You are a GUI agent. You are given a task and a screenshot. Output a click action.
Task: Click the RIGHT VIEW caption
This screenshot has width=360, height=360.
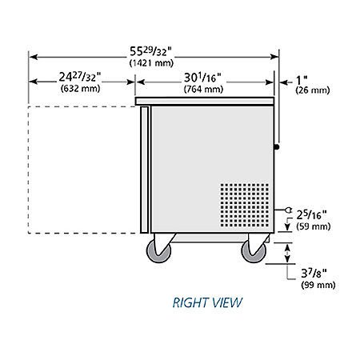[x=206, y=303]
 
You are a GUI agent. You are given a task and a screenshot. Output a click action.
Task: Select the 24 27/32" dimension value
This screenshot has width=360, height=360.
[x=80, y=78]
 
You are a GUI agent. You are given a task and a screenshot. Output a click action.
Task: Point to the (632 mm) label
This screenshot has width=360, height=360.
[x=80, y=90]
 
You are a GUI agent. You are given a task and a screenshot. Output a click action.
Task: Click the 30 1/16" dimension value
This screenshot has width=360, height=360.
[x=202, y=78]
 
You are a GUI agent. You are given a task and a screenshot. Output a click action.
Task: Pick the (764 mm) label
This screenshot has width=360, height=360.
[x=202, y=90]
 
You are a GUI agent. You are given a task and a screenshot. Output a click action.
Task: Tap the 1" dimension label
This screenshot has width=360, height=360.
[x=302, y=78]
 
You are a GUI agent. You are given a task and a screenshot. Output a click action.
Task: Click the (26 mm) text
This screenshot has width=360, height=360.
[x=310, y=90]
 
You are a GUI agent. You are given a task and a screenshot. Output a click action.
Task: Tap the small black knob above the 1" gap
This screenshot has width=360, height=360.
[x=278, y=146]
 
